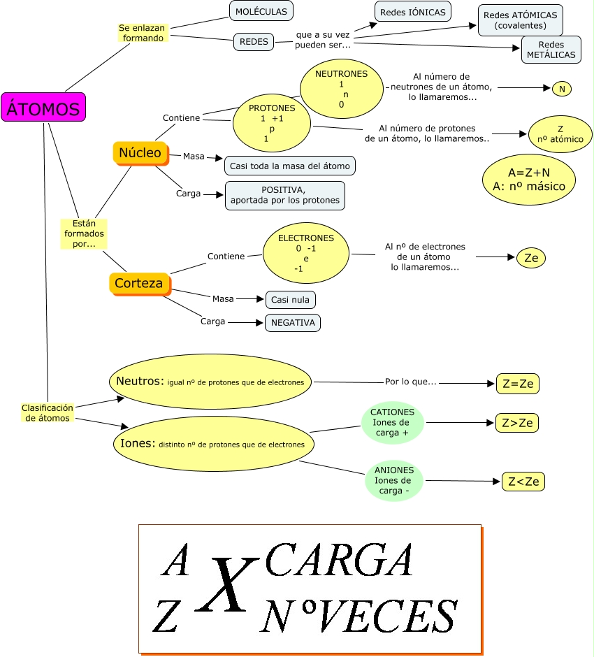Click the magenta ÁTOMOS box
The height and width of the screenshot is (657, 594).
click(x=43, y=108)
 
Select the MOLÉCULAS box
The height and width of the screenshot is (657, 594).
click(x=261, y=12)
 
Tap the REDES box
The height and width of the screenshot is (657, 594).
click(x=253, y=42)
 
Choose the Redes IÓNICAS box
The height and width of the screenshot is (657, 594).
click(x=412, y=12)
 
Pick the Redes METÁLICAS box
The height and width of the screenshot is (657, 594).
click(x=551, y=50)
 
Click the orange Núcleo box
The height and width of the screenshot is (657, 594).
click(x=140, y=152)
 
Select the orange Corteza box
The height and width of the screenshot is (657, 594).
click(x=138, y=283)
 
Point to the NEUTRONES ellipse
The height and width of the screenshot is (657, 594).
click(x=342, y=89)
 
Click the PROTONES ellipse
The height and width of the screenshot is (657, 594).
click(x=272, y=124)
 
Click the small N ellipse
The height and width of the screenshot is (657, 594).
click(x=561, y=89)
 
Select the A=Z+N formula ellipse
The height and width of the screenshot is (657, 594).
click(x=528, y=178)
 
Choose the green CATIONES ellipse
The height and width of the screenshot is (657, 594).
click(x=392, y=422)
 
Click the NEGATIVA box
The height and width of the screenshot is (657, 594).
click(x=292, y=322)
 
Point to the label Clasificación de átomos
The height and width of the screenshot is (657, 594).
click(x=48, y=412)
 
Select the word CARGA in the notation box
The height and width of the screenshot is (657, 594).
click(x=340, y=559)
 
